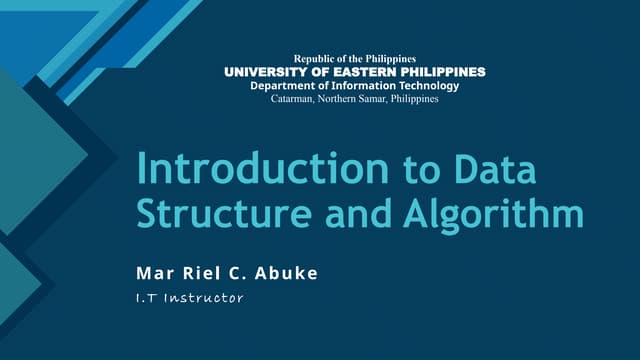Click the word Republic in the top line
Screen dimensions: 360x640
click(x=313, y=59)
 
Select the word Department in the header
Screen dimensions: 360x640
click(x=285, y=86)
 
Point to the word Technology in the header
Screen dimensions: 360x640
click(x=423, y=86)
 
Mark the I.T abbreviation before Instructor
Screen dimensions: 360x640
click(x=148, y=297)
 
